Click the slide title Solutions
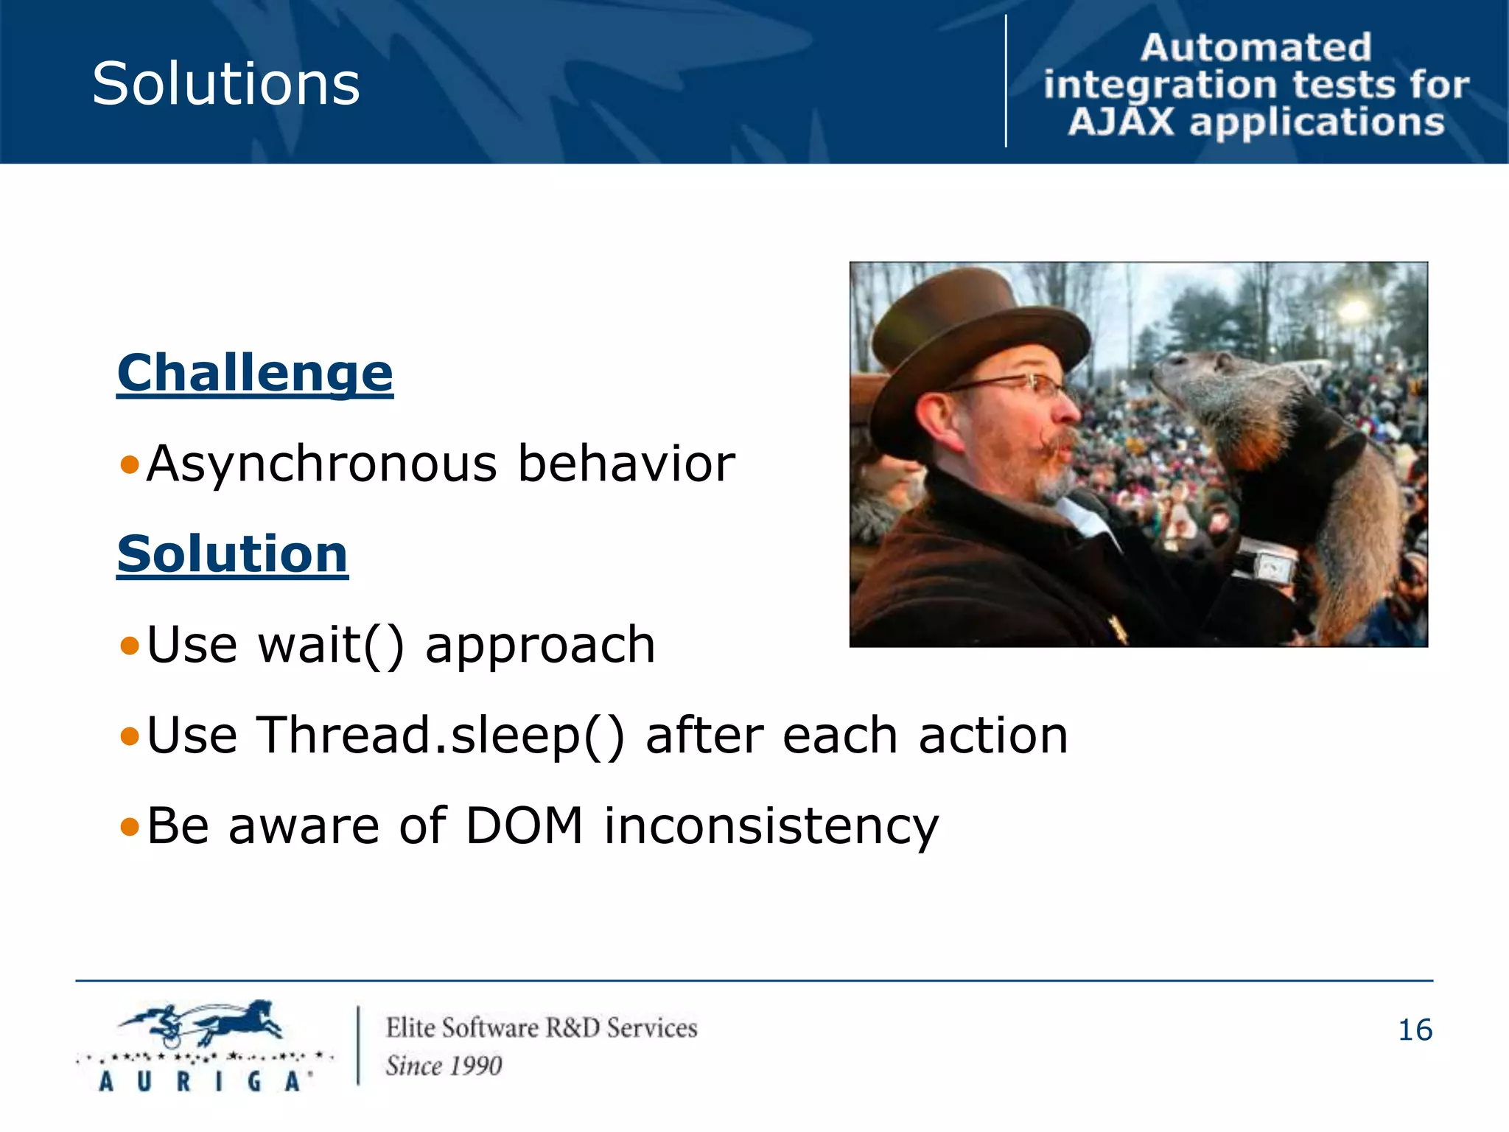click(x=225, y=83)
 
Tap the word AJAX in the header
click(x=1121, y=122)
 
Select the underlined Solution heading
click(x=232, y=554)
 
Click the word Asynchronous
click(x=322, y=464)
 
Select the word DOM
click(x=525, y=825)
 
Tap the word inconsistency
click(x=771, y=827)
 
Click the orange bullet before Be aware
click(x=130, y=827)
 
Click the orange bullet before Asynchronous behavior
click(x=130, y=465)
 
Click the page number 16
click(x=1415, y=1030)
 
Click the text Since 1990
click(x=444, y=1066)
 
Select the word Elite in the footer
click(x=410, y=1028)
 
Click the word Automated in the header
click(x=1256, y=48)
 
